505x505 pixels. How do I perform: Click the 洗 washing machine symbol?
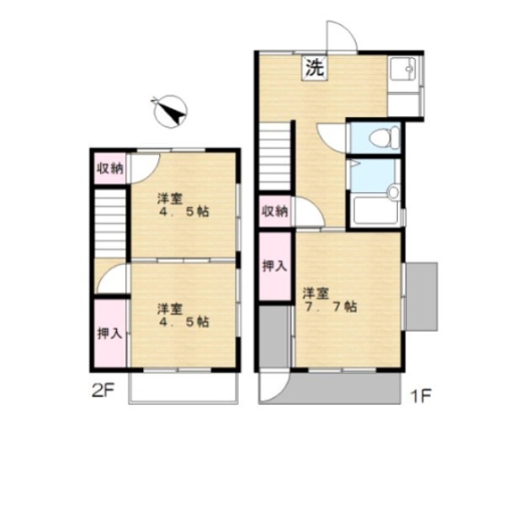coord(314,67)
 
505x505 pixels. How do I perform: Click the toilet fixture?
coord(385,137)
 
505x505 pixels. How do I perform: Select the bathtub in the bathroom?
coord(376,210)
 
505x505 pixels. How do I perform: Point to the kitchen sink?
coord(405,69)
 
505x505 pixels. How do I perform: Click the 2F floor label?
coord(103,391)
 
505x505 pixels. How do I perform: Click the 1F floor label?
coord(420,396)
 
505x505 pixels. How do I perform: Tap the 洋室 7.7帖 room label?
coord(329,300)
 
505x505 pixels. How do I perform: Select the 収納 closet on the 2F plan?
coord(110,167)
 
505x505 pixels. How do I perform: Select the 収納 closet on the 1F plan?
coord(275,211)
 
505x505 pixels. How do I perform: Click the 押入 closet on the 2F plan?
coord(110,333)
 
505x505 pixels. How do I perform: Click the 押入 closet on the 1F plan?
coord(275,266)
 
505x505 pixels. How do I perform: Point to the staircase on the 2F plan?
coord(110,224)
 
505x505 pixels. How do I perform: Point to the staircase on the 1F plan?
coord(274,157)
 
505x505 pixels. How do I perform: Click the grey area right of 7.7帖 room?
coord(422,296)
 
